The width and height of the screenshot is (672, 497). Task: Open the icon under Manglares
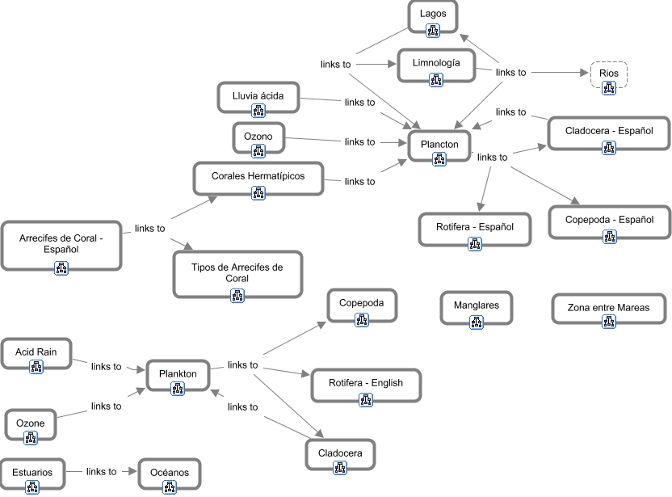(x=477, y=322)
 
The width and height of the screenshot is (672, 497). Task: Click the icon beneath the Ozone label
(x=31, y=438)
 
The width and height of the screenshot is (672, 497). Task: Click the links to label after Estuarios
(x=102, y=472)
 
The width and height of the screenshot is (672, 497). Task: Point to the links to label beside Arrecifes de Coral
(x=150, y=229)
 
